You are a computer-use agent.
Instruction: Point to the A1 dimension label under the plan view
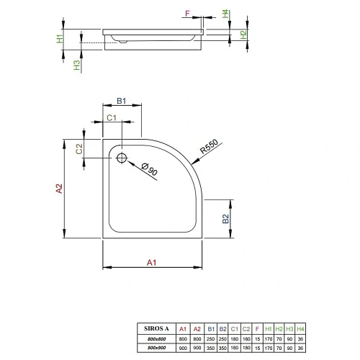(x=152, y=263)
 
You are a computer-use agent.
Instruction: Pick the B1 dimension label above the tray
(x=122, y=102)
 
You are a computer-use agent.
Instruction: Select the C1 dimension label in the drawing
(x=112, y=117)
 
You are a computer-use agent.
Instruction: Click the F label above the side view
(x=187, y=14)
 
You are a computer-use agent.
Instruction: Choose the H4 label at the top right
(x=225, y=13)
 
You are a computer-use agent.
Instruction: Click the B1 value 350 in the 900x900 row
(x=211, y=347)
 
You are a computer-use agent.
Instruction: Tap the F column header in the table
(x=257, y=329)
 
